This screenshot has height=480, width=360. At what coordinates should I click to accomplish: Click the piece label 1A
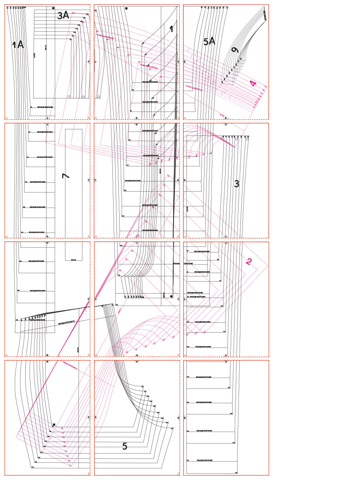click(18, 45)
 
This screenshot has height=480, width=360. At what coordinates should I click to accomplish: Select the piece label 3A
click(63, 16)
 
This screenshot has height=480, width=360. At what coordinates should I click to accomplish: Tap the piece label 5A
click(209, 41)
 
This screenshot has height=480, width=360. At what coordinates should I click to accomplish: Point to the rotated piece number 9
click(235, 50)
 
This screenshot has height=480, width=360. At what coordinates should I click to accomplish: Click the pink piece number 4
click(252, 84)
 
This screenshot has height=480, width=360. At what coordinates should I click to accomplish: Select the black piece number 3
click(236, 184)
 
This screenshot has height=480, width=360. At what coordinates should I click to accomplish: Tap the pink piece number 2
click(249, 262)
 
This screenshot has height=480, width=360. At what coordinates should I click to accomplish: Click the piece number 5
click(124, 446)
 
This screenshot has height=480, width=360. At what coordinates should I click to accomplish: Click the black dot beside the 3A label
click(53, 8)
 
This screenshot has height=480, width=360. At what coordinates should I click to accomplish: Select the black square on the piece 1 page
click(126, 8)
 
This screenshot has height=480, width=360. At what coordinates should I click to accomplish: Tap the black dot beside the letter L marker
click(171, 296)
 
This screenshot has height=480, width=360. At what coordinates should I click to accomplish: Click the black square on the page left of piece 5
click(54, 425)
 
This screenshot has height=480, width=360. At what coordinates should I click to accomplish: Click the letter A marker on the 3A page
click(88, 62)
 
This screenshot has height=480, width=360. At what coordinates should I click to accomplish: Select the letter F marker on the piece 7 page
click(88, 180)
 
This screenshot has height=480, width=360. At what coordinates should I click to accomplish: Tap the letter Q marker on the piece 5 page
click(178, 418)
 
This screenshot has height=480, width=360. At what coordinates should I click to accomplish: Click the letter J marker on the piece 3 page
click(226, 243)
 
